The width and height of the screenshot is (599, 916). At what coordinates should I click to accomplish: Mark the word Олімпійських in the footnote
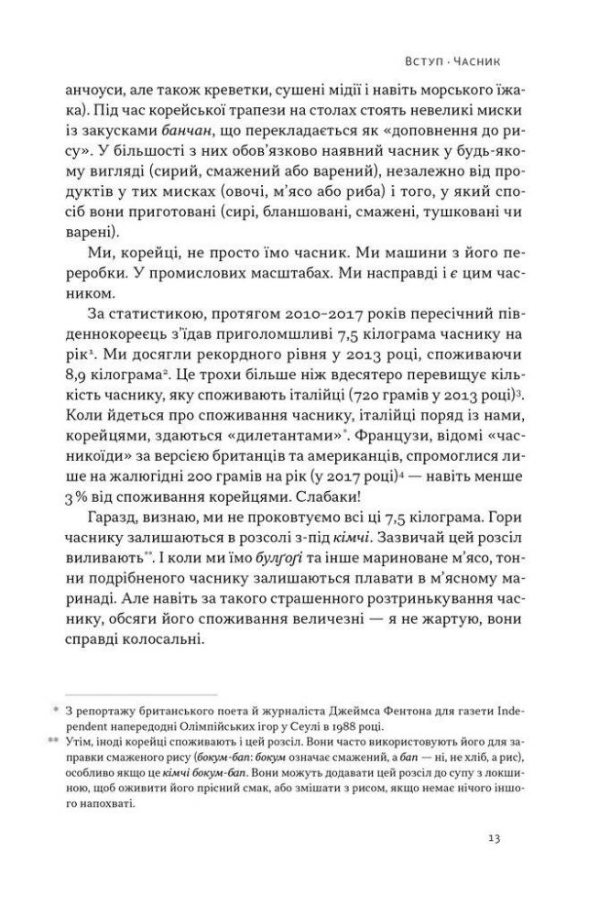pos(174,724)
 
